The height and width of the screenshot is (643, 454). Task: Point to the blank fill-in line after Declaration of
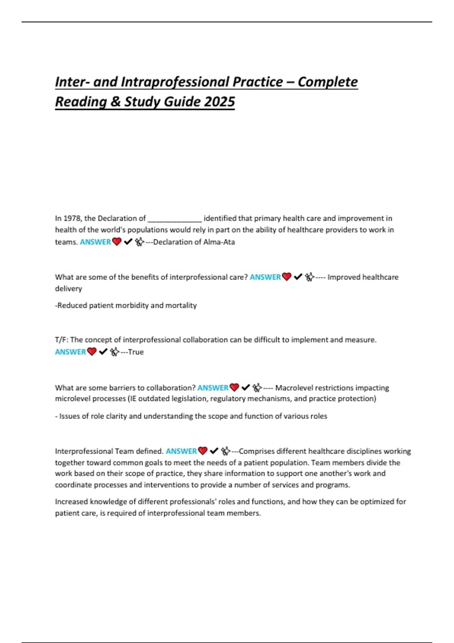point(174,219)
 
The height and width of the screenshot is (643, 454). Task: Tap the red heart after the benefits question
point(287,277)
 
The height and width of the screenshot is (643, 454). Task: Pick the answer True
point(136,352)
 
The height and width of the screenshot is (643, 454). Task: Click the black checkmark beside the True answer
point(103,352)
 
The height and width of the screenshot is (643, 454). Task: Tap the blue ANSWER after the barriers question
point(213,388)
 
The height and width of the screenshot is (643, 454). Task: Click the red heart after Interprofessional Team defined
point(203,451)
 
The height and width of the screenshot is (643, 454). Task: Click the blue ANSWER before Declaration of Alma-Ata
point(95,242)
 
